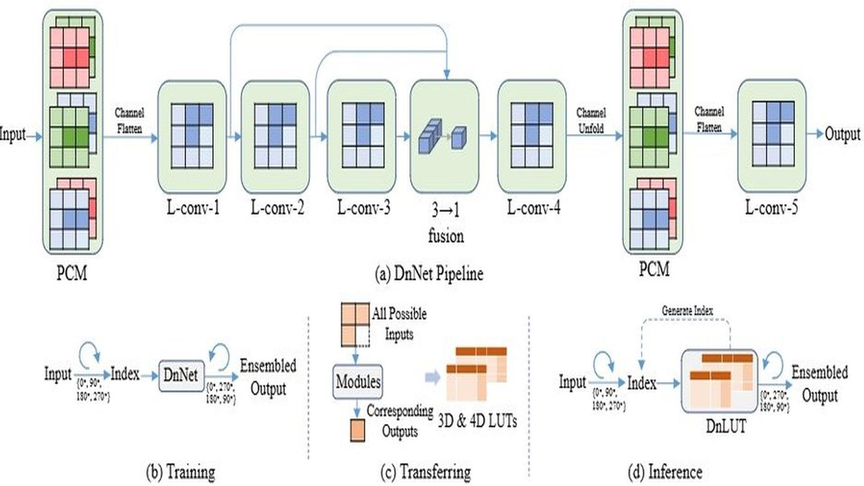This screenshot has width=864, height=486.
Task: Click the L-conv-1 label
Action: point(193,208)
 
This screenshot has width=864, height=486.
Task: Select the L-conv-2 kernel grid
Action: point(275,136)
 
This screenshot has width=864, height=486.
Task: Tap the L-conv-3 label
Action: point(364,208)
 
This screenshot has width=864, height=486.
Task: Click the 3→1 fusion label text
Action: point(445,223)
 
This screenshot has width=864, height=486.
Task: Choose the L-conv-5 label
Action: point(771,208)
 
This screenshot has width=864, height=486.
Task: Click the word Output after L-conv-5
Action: point(842,134)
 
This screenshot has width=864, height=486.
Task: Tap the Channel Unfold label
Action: point(591,121)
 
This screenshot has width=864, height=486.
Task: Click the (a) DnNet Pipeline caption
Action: point(429,274)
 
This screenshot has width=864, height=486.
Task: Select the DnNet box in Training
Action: point(181,375)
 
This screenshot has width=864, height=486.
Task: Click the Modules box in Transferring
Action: point(358,382)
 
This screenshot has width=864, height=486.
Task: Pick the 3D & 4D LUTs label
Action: point(477,421)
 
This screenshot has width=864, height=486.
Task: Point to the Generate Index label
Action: point(687,310)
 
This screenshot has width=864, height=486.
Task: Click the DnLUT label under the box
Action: point(725,426)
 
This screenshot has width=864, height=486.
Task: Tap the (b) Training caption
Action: point(180,472)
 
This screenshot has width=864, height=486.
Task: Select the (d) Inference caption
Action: point(665,472)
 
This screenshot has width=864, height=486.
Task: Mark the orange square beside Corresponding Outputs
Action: point(357,430)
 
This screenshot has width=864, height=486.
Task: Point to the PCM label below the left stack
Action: point(72,273)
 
